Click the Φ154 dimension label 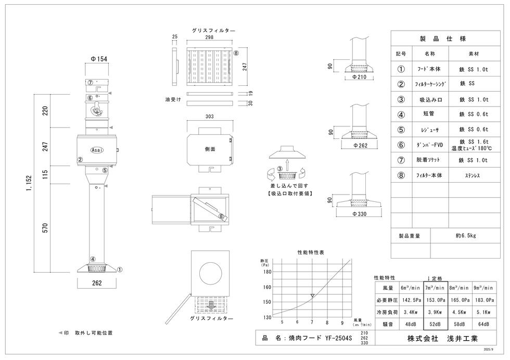99,59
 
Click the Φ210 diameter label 360,77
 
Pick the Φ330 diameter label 360,214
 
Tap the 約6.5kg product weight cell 466,235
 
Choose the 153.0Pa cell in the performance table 436,300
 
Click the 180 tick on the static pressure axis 267,271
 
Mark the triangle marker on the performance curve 312,296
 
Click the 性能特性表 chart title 311,252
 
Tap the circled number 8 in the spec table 401,175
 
